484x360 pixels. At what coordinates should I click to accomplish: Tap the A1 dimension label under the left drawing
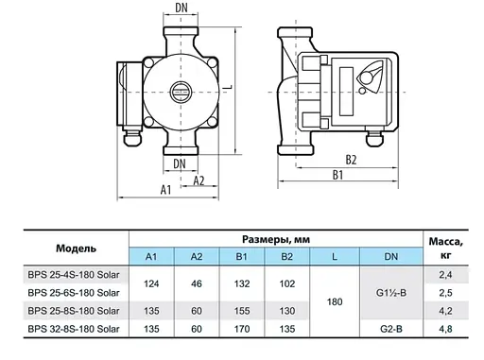(164, 190)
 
